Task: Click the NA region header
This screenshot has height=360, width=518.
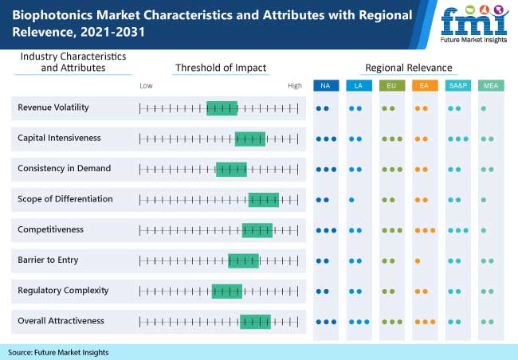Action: point(325,85)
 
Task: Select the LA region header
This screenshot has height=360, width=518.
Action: point(358,85)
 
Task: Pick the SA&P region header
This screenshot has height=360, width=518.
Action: point(457,85)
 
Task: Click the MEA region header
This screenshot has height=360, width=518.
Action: point(490,85)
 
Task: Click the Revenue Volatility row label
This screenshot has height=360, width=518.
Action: point(53,108)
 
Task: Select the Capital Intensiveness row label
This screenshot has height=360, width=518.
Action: point(59,138)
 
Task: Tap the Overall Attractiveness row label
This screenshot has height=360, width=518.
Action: point(61,321)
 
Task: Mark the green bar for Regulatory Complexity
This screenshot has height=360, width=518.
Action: point(226,291)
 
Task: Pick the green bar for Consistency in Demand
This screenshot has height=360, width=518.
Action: point(231,169)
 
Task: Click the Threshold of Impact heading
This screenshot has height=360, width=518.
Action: point(221,68)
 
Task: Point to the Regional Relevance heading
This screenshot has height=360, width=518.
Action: point(408,68)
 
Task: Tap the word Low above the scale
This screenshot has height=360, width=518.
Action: point(146,85)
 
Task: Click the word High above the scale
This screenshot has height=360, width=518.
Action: point(295,85)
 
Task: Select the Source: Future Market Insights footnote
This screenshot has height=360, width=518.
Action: point(58,351)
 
